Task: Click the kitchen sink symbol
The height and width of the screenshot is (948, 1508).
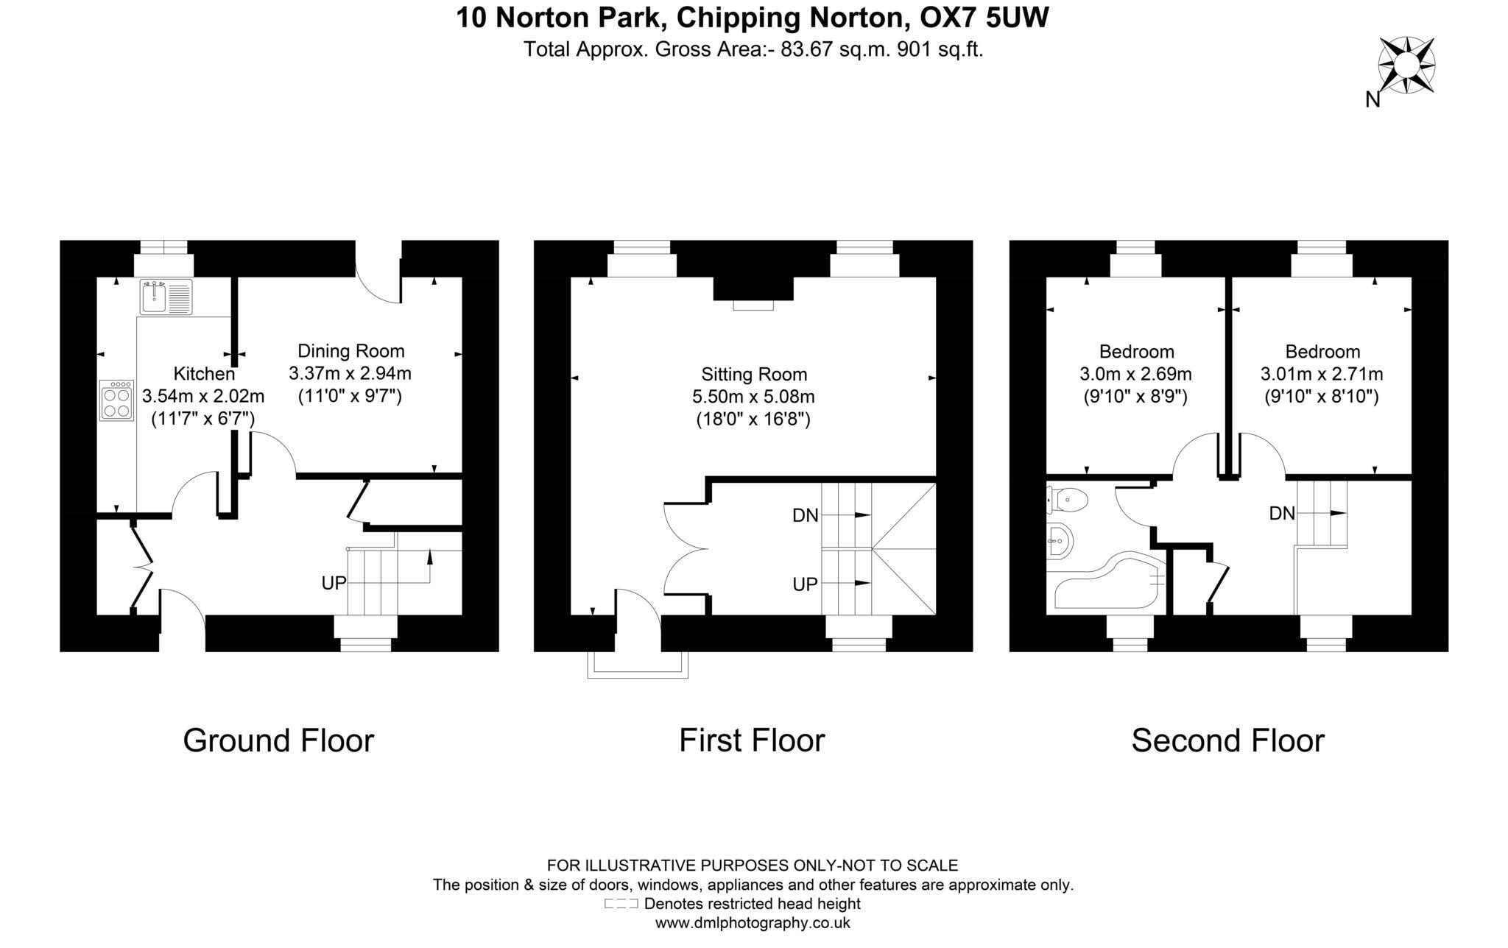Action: (x=166, y=297)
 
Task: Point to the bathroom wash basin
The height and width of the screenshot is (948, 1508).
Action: (x=1060, y=541)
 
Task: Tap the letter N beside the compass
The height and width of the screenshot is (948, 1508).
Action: (x=1373, y=100)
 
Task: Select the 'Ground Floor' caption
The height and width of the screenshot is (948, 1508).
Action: (x=278, y=740)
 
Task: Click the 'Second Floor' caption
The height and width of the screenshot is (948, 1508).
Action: (x=1227, y=740)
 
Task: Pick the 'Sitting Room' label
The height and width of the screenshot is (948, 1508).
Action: (x=753, y=375)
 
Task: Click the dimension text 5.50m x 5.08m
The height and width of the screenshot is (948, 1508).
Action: (x=753, y=397)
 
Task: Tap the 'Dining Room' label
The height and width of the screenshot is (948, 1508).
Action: (x=350, y=351)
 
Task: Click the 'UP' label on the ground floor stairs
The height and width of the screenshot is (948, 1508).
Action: (x=334, y=584)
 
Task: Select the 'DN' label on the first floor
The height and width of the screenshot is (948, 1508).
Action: (x=805, y=516)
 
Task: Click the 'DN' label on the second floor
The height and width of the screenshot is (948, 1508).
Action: (x=1282, y=514)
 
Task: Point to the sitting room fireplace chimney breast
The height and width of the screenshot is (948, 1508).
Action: (x=753, y=289)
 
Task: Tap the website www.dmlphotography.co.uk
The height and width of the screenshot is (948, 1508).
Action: (x=753, y=923)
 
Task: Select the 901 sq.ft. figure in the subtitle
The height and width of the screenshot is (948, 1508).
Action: (x=940, y=50)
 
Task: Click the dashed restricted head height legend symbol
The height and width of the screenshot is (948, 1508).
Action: (x=621, y=904)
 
